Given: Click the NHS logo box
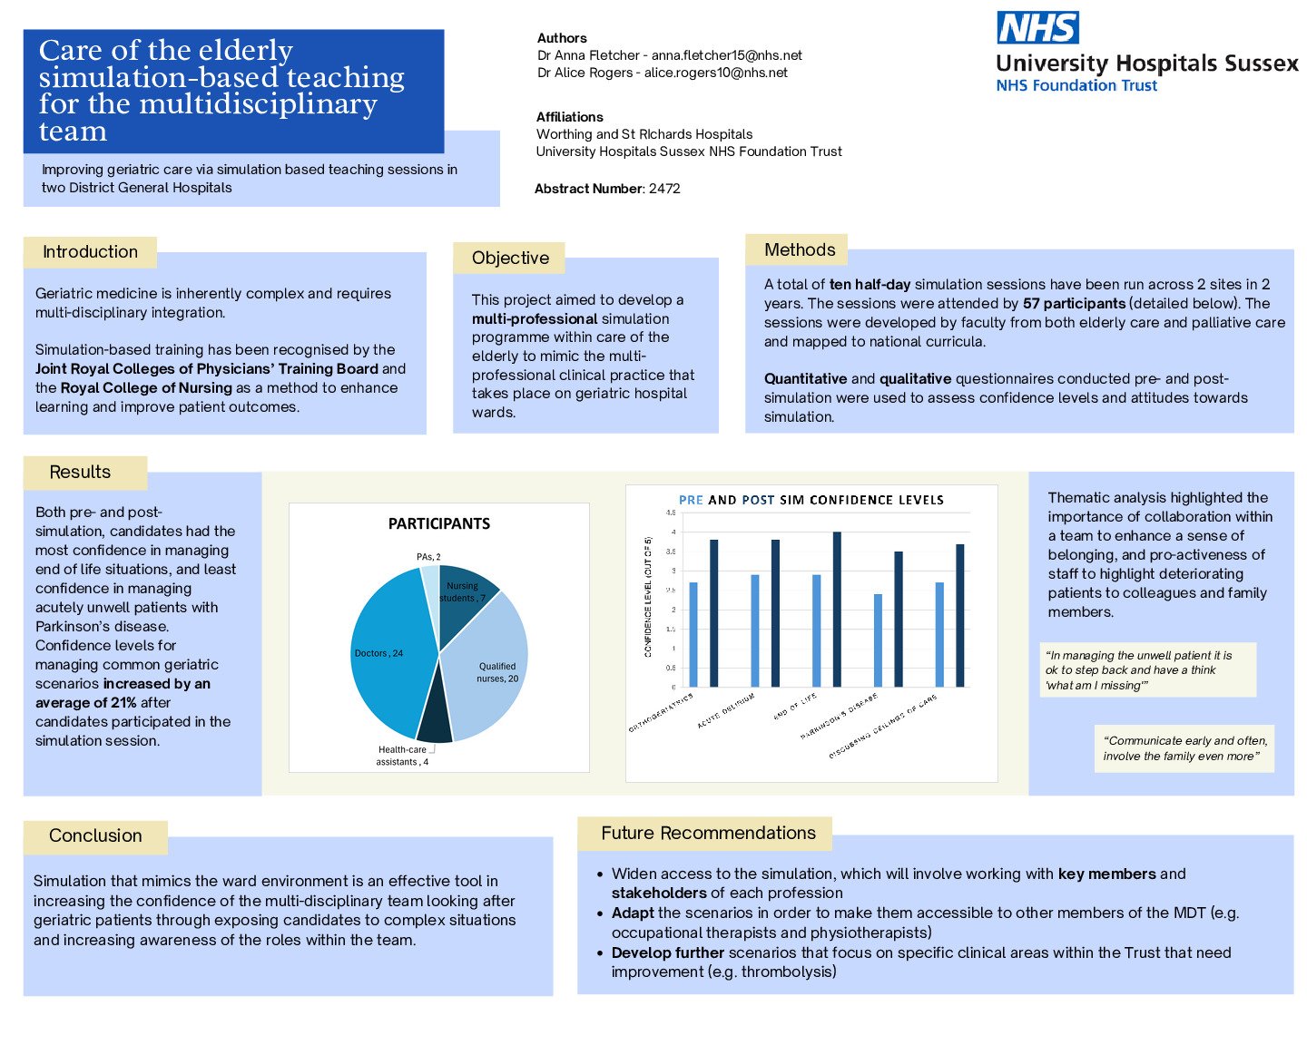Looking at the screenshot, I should (x=1037, y=28).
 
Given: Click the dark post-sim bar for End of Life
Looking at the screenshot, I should (x=837, y=610).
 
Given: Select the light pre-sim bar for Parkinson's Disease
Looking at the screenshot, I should (x=878, y=640).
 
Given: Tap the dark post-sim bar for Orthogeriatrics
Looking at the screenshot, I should (x=713, y=613).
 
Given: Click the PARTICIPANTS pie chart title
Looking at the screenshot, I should (x=439, y=523).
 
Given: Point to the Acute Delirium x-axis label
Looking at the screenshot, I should (x=726, y=711).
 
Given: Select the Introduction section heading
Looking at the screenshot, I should (x=90, y=252).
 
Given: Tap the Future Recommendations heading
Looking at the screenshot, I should (x=708, y=833).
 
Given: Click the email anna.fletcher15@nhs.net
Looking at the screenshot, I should (x=726, y=55).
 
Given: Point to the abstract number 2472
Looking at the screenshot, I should (x=664, y=189).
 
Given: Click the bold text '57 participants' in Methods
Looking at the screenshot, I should (x=1074, y=303).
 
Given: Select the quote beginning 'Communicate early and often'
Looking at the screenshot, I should (x=1184, y=748).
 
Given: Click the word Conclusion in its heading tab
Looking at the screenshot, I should (x=95, y=835).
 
